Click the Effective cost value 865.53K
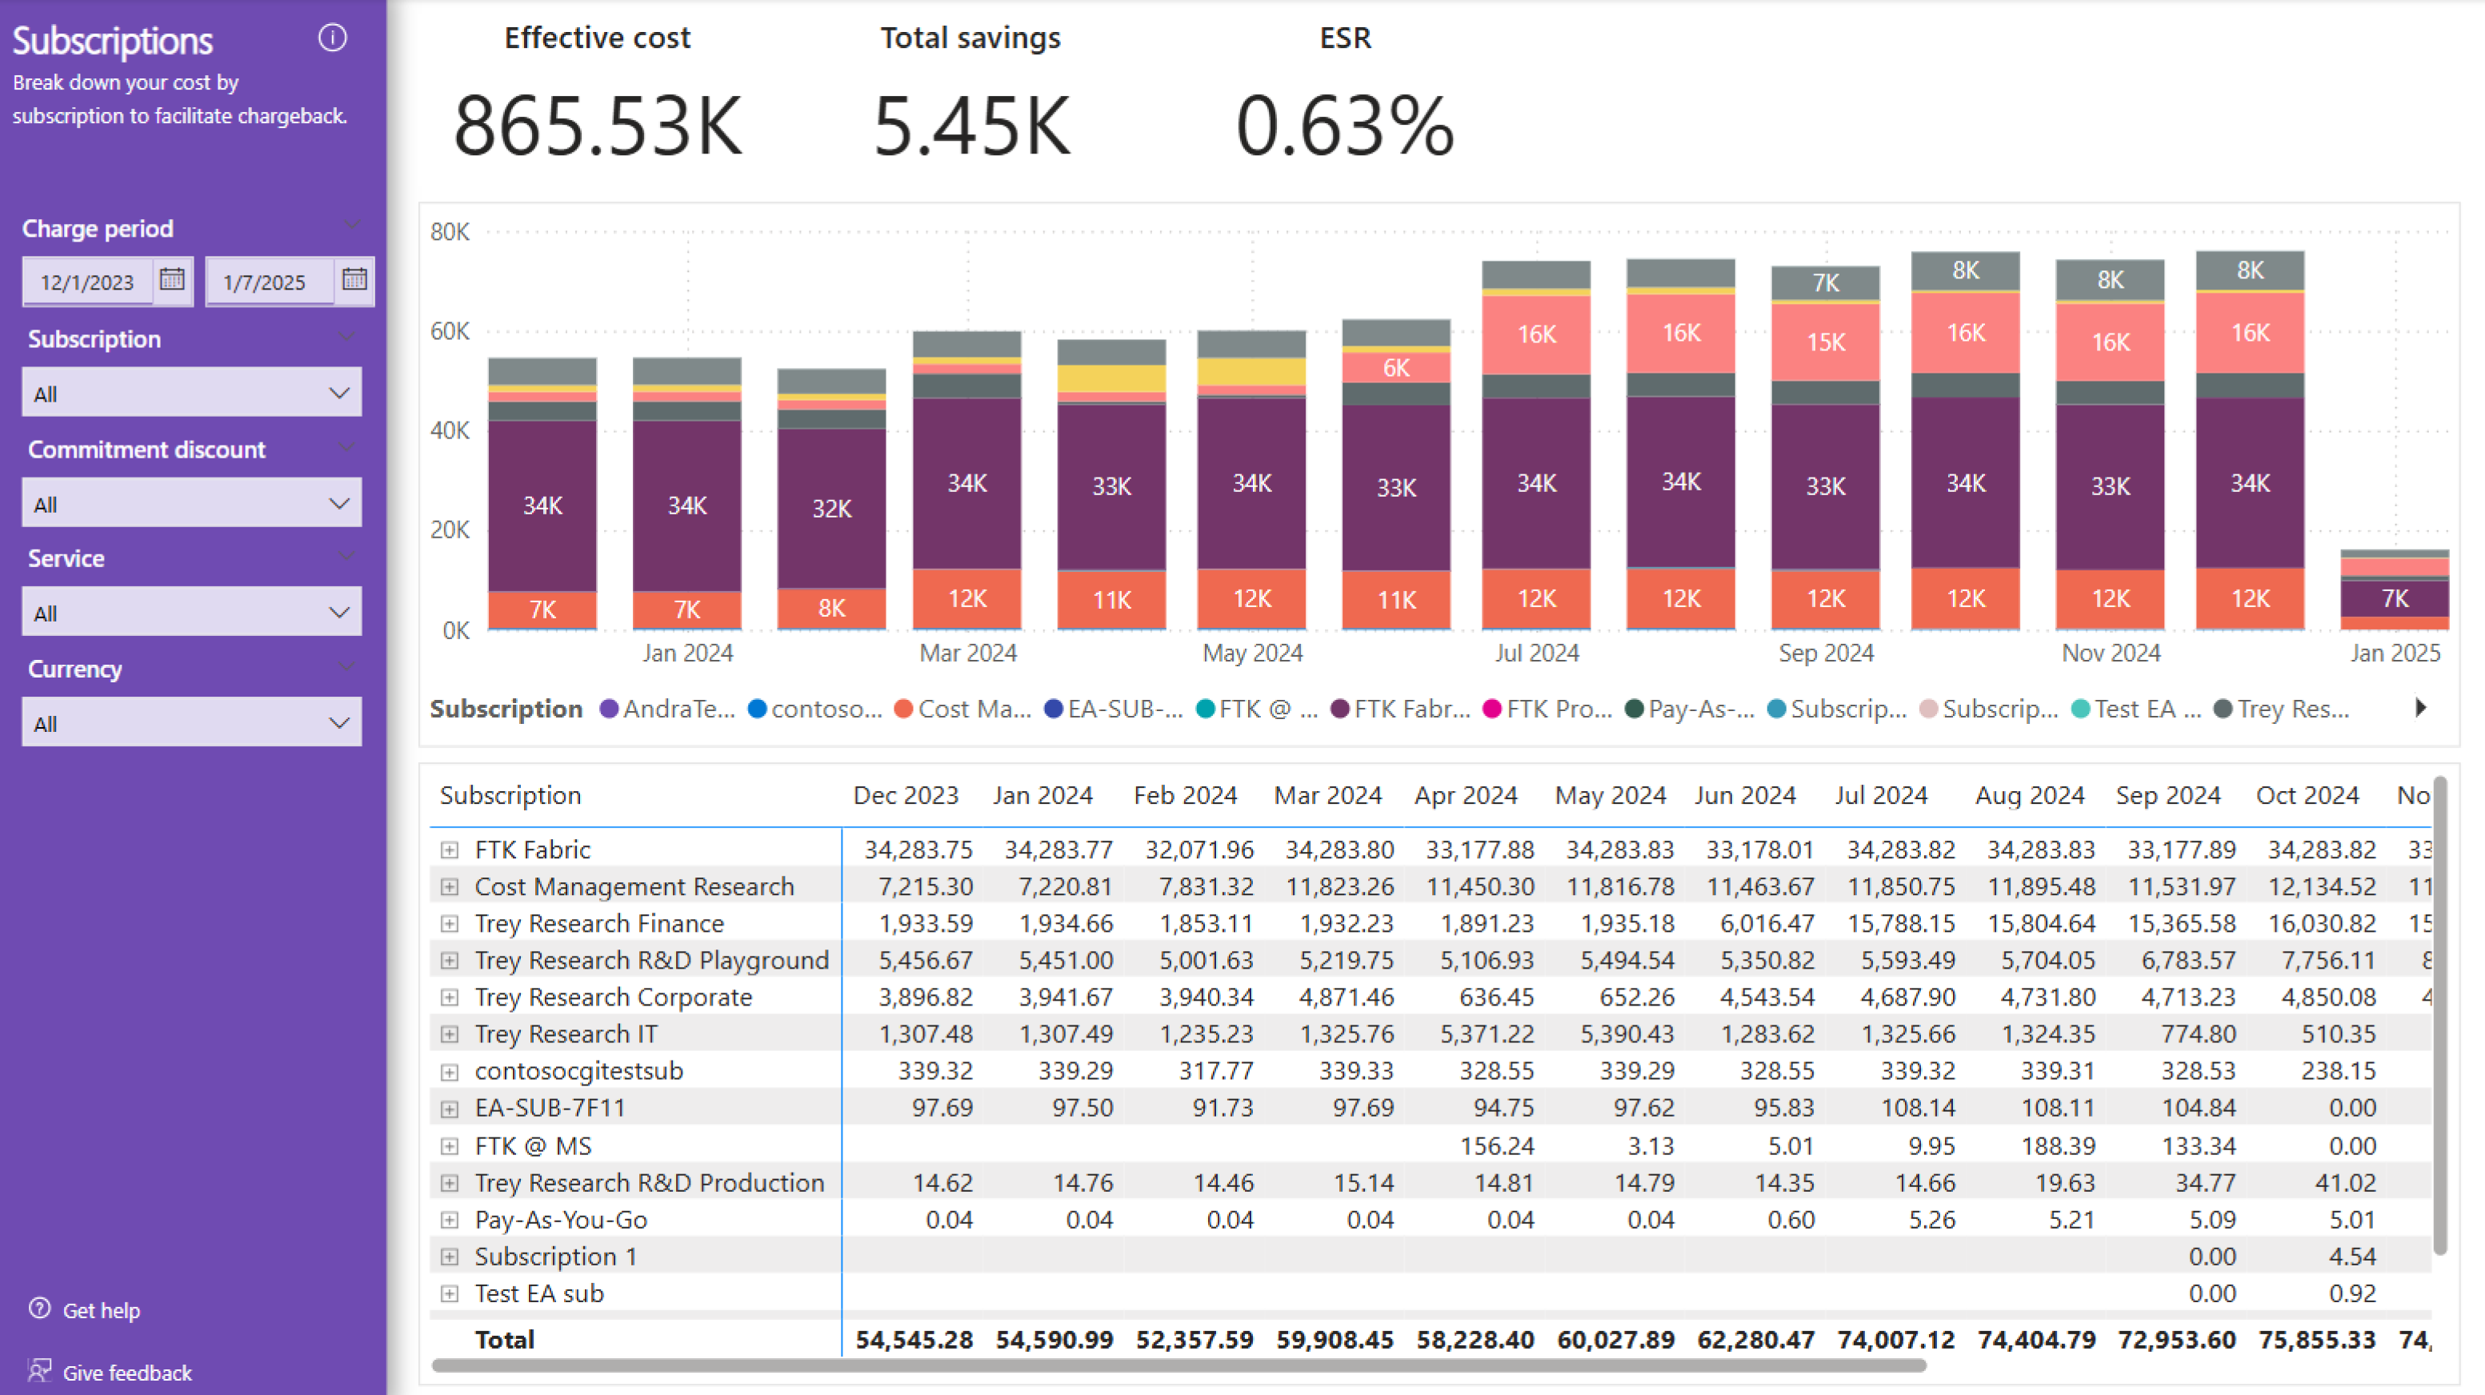point(598,126)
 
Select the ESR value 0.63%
point(1345,126)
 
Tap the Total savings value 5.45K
point(971,126)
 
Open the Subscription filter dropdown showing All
point(192,393)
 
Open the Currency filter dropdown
point(192,722)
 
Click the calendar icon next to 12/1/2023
point(173,280)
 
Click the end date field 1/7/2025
point(266,282)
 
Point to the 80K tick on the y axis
point(450,231)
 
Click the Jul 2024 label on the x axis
point(1537,654)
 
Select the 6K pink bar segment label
point(1396,368)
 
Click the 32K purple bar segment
point(831,509)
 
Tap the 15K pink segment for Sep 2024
point(1825,342)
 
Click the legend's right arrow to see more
point(2420,708)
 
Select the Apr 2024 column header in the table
point(1466,795)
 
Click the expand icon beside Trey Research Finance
point(450,923)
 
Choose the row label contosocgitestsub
point(578,1071)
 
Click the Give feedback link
point(126,1372)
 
